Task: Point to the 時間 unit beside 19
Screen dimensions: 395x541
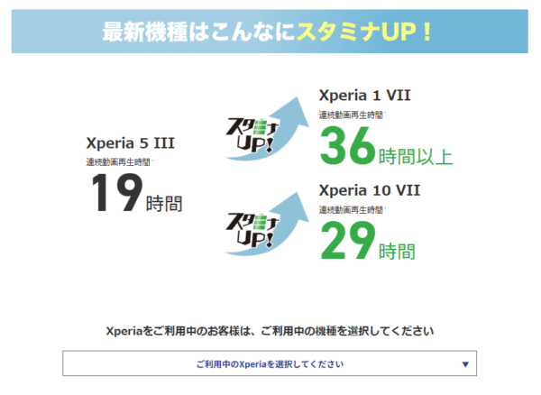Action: (164, 202)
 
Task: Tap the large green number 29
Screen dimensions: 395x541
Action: (348, 240)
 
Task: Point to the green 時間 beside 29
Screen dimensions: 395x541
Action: (398, 250)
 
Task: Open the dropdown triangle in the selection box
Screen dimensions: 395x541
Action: (464, 364)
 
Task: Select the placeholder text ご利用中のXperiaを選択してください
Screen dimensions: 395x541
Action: (269, 364)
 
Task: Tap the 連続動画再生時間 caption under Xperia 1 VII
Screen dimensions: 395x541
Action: (350, 115)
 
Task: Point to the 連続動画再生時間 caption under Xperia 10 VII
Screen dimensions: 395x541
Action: (350, 209)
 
